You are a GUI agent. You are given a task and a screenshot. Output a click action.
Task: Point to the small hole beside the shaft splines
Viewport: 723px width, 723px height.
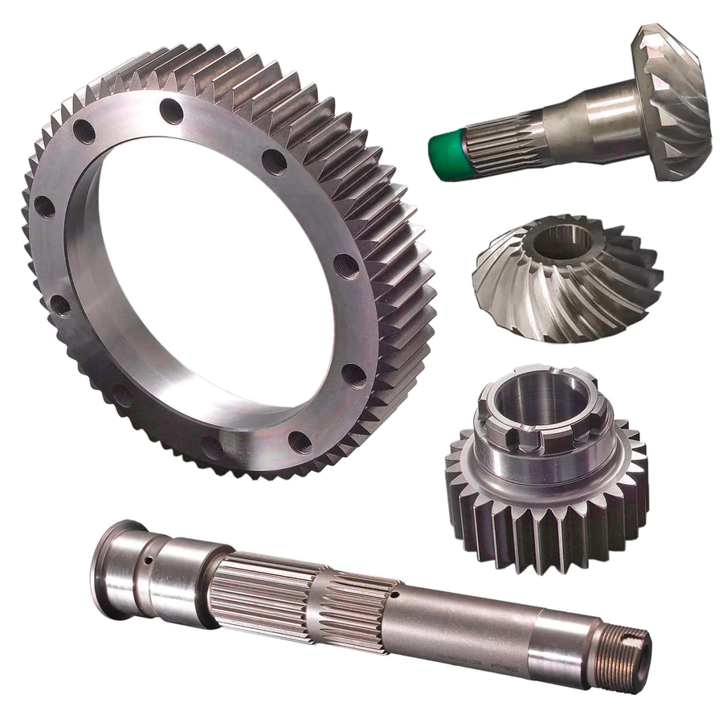pyautogui.click(x=395, y=594)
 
